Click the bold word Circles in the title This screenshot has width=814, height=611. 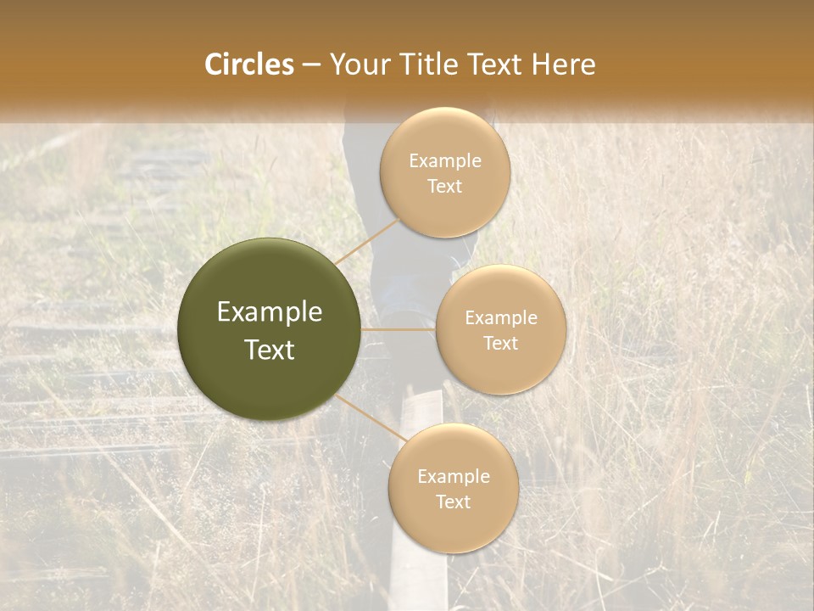pos(248,64)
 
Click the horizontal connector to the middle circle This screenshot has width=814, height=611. pos(399,329)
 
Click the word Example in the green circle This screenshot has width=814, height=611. pos(270,312)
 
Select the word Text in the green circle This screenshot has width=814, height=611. pos(270,350)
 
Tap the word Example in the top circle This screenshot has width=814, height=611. pos(444,161)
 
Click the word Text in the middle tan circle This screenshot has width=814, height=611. pos(500,343)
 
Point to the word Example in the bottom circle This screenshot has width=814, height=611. pos(453,476)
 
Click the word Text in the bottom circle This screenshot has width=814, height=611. pos(453,502)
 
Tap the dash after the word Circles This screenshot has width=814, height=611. pos(310,64)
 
